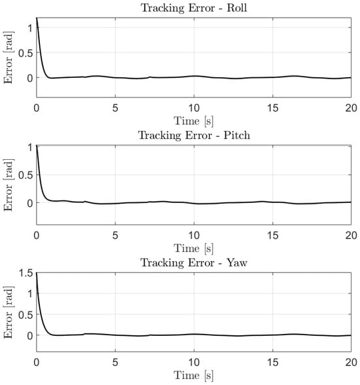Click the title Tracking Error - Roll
pyautogui.click(x=194, y=8)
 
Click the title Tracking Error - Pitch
pyautogui.click(x=194, y=136)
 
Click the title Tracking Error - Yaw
pyautogui.click(x=194, y=263)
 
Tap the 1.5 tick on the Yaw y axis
pyautogui.click(x=26, y=273)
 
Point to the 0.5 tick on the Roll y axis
pyautogui.click(x=26, y=53)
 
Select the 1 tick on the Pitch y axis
pyautogui.click(x=30, y=147)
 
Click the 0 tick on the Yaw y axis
pyautogui.click(x=29, y=335)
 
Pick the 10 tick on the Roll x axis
pyautogui.click(x=194, y=108)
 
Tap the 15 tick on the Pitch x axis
pyautogui.click(x=273, y=236)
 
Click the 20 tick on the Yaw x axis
pyautogui.click(x=351, y=363)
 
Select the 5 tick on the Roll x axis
pyautogui.click(x=115, y=108)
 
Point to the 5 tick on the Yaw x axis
pyautogui.click(x=115, y=363)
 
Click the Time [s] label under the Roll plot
pyautogui.click(x=194, y=121)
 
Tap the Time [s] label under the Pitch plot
pyautogui.click(x=194, y=249)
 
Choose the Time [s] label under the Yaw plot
pyautogui.click(x=194, y=376)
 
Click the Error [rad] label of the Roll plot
pyautogui.click(x=9, y=58)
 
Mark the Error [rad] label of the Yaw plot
pyautogui.click(x=9, y=312)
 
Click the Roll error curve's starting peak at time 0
pyautogui.click(x=37, y=18)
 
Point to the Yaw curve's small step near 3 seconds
pyautogui.click(x=84, y=334)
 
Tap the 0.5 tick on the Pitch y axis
pyautogui.click(x=26, y=175)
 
